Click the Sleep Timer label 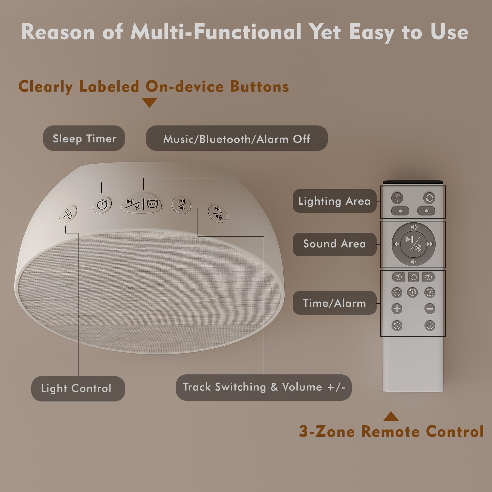(x=84, y=138)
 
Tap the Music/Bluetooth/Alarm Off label (x=237, y=138)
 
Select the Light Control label (x=78, y=389)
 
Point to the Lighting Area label (x=334, y=201)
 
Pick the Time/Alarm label (x=334, y=303)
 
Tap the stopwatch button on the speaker (x=102, y=204)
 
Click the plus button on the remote (x=397, y=309)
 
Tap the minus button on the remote (x=430, y=309)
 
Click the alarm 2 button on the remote (x=430, y=292)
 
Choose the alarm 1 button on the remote (x=413, y=292)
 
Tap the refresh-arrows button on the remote (x=429, y=198)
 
